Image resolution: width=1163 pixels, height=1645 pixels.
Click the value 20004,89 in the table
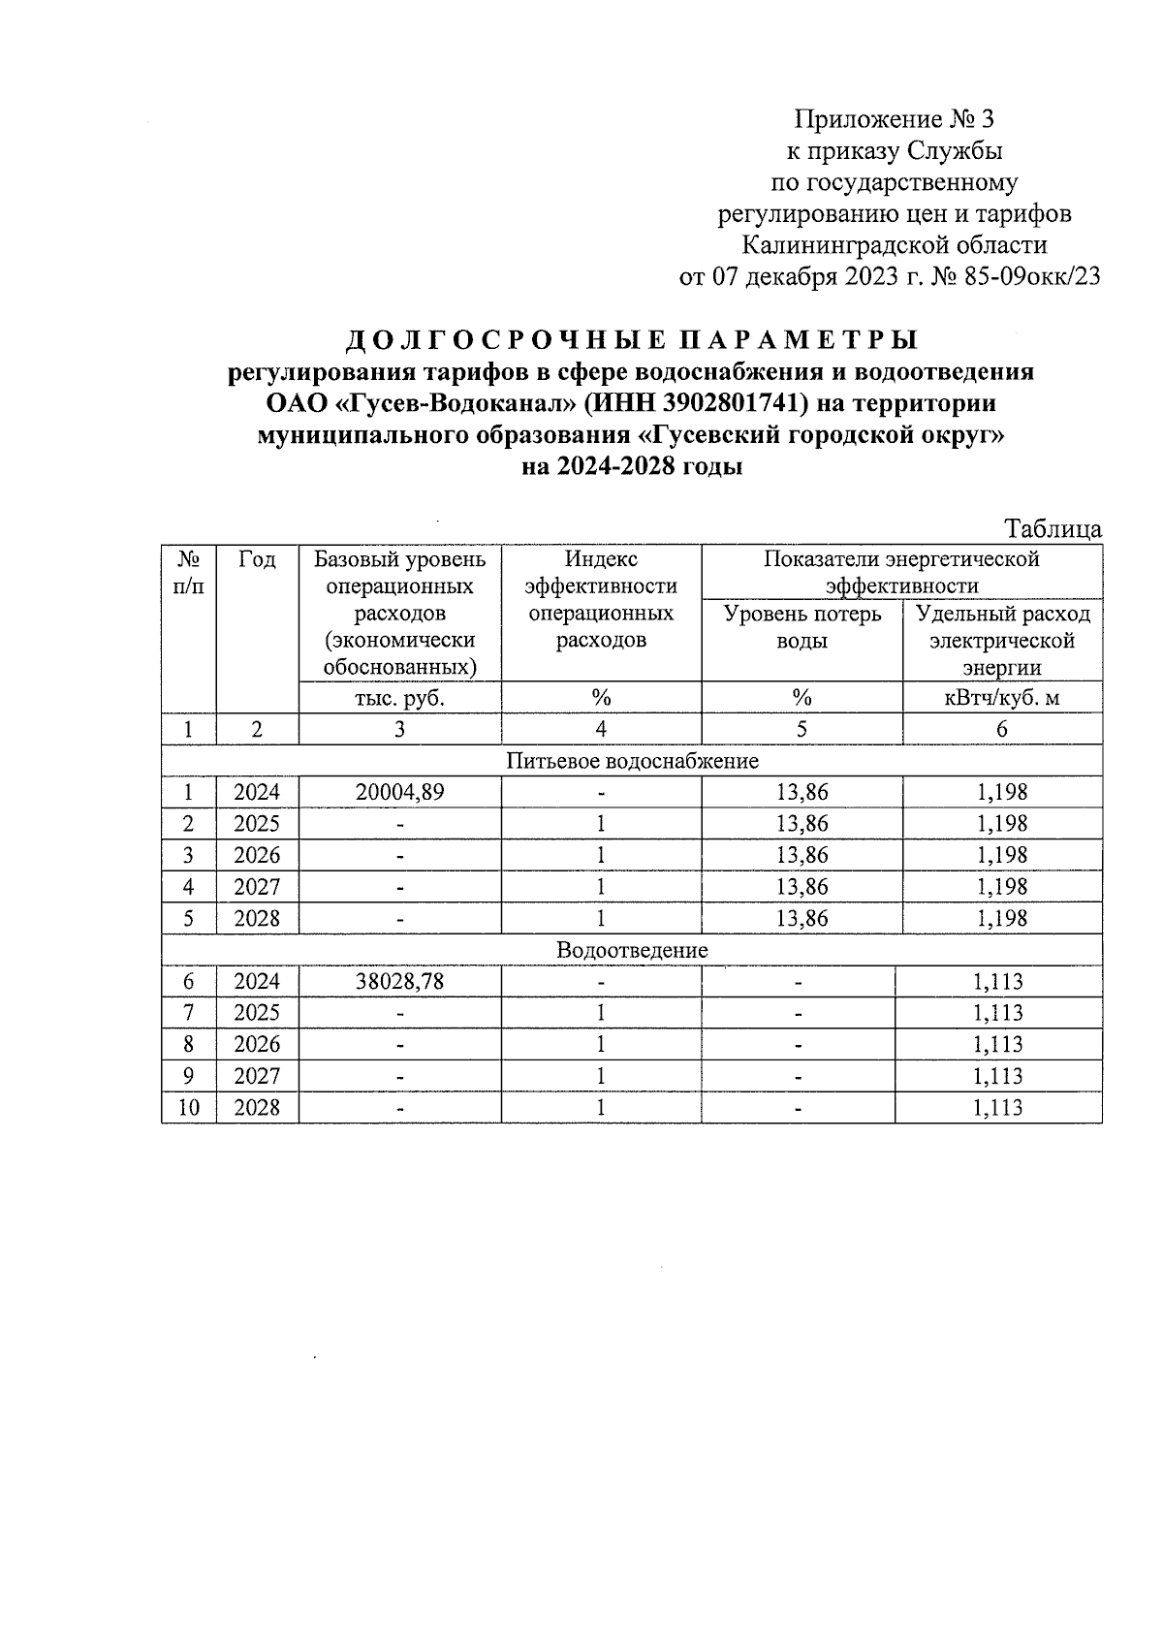pos(399,792)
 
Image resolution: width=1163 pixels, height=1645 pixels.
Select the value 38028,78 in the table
pos(399,981)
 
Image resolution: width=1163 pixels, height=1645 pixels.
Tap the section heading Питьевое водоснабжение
pos(632,761)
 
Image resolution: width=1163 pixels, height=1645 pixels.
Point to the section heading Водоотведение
pos(632,950)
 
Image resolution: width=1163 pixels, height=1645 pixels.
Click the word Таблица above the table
pos(1053,529)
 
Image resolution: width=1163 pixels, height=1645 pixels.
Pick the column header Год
pos(257,559)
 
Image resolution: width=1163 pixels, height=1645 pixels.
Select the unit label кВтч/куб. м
pos(1002,697)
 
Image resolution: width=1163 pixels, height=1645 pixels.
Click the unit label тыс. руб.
pos(399,697)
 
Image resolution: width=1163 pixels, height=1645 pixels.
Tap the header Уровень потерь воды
pos(802,627)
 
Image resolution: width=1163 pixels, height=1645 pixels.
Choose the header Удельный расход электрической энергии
pos(1002,641)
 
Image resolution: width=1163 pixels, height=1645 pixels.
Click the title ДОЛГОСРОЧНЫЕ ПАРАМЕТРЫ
pos(632,340)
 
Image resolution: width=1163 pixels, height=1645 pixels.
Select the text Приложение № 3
pos(895,119)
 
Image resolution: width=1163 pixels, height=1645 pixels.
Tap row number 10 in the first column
pos(189,1107)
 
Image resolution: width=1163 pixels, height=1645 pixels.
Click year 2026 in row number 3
pos(257,855)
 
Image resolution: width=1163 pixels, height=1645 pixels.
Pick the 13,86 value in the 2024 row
pos(802,792)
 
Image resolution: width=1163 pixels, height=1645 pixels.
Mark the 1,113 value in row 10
pos(998,1107)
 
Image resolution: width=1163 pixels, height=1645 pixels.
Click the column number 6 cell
pos(1002,729)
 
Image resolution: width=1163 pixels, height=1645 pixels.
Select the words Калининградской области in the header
pos(895,245)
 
